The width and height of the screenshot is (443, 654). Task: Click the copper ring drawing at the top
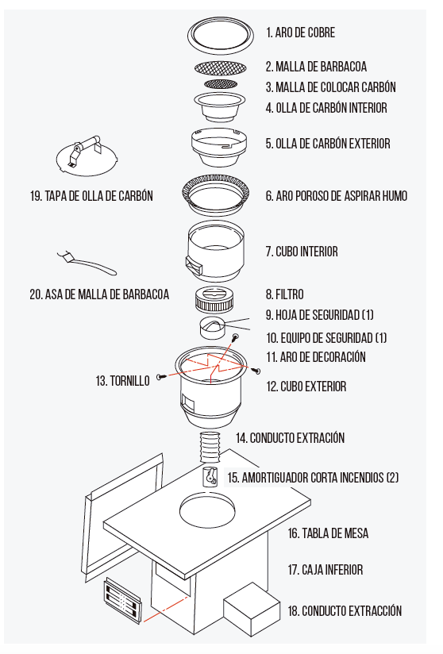pyautogui.click(x=220, y=47)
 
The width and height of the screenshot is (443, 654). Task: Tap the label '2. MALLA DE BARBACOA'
pyautogui.click(x=316, y=67)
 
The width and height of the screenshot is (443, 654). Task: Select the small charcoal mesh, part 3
pyautogui.click(x=220, y=84)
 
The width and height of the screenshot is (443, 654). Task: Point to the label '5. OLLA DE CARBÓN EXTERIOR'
pyautogui.click(x=328, y=144)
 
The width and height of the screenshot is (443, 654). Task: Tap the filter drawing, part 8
pyautogui.click(x=214, y=299)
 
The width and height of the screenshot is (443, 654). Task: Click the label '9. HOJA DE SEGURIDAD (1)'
pyautogui.click(x=319, y=314)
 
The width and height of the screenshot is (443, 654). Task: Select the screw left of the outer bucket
pyautogui.click(x=161, y=377)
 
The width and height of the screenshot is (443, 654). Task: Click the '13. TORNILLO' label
pyautogui.click(x=122, y=381)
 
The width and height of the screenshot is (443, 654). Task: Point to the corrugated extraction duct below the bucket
pyautogui.click(x=211, y=447)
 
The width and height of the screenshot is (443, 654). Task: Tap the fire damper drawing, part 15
pyautogui.click(x=210, y=476)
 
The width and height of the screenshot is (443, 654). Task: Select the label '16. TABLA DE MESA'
pyautogui.click(x=328, y=533)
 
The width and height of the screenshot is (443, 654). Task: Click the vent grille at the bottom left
pyautogui.click(x=122, y=601)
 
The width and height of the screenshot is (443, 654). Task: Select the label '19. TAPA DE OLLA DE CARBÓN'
pyautogui.click(x=91, y=196)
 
